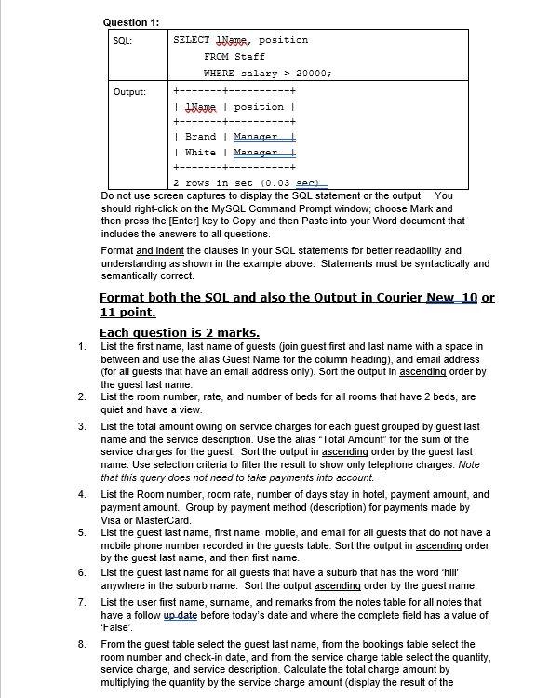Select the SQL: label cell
pos(123,41)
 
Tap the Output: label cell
pos(129,91)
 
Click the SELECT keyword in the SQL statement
pos(192,40)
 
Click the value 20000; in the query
pos(315,73)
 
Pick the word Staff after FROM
pos(249,57)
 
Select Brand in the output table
pos(200,136)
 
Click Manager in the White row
pos(255,152)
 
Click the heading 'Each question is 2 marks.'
pos(179,332)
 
